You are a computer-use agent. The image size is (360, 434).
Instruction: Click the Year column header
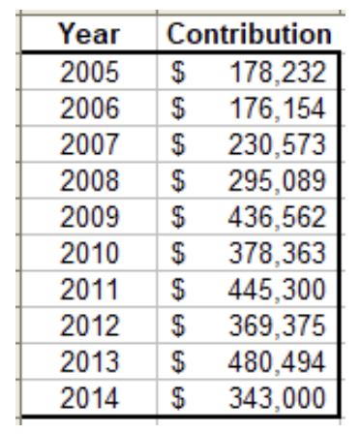click(89, 34)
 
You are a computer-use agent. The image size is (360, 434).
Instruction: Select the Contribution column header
click(249, 34)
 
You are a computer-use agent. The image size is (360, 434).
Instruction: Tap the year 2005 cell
click(89, 72)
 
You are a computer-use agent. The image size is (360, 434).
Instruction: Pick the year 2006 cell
click(89, 108)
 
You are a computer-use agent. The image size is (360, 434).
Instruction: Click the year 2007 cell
click(89, 144)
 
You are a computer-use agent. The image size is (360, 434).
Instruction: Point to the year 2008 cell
click(89, 180)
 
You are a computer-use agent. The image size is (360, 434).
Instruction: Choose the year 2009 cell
click(89, 216)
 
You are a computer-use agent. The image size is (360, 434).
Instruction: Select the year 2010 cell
click(89, 253)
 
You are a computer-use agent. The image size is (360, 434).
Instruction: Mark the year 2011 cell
click(89, 289)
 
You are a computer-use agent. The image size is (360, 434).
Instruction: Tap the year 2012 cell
click(89, 325)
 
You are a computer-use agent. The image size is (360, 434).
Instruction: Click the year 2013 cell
click(89, 361)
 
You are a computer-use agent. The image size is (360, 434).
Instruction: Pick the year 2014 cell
click(89, 397)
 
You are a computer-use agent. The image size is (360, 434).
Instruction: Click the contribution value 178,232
click(278, 73)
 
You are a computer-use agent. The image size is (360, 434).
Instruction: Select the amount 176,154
click(278, 108)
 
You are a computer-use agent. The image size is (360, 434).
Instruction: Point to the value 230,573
click(278, 144)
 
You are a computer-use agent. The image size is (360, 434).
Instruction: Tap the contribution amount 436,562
click(278, 217)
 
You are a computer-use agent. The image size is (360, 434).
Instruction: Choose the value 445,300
click(278, 290)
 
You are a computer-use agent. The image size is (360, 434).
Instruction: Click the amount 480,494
click(278, 361)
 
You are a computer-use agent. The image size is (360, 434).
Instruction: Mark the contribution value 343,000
click(278, 398)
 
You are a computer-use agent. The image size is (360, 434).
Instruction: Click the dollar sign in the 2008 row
click(178, 180)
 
